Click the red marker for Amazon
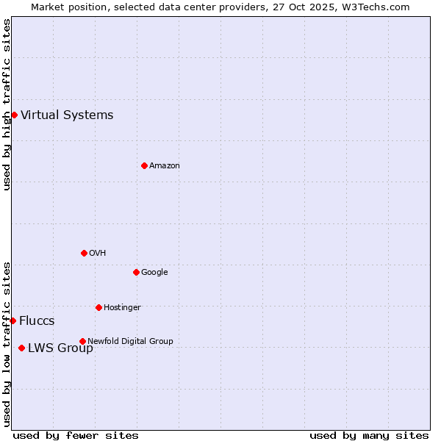point(144,165)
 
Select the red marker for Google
point(136,272)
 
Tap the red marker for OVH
point(84,253)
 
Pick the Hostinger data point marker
point(98,307)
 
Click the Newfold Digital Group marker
point(82,341)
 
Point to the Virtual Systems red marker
point(14,115)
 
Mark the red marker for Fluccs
point(12,320)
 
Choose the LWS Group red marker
point(21,348)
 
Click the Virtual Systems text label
point(67,115)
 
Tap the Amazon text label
point(165,165)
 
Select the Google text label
point(154,272)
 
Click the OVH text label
point(98,253)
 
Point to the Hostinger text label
point(122,307)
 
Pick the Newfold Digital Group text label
point(130,341)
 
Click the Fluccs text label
point(37,320)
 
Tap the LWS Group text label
point(60,348)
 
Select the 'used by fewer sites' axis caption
point(76,435)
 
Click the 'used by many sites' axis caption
point(369,435)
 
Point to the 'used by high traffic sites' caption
point(7,104)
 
